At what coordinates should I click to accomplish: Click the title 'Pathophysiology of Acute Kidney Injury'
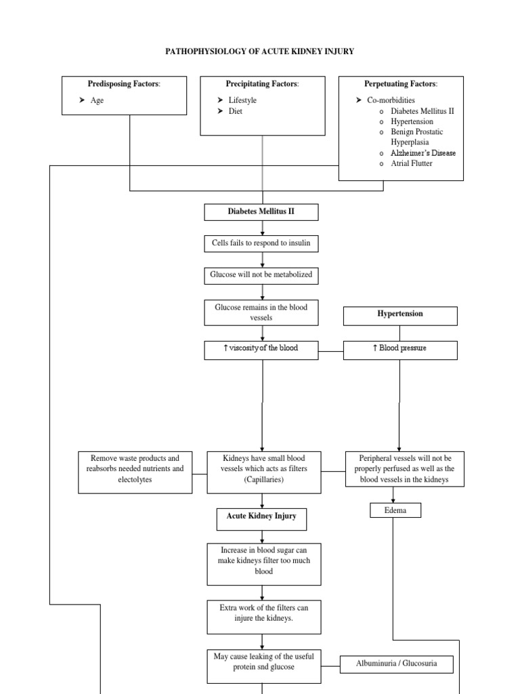261,52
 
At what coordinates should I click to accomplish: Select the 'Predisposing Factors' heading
124,84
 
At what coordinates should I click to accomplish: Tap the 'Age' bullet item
97,100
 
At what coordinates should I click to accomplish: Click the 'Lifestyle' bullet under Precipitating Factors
242,100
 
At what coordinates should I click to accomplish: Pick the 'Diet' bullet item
235,111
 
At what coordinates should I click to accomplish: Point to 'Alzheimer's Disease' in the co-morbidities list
422,152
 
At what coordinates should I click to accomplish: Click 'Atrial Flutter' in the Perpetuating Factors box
411,163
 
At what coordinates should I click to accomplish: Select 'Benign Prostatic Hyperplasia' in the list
416,137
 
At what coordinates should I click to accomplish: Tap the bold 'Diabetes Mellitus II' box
261,212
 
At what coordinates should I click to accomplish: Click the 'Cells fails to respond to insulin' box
261,243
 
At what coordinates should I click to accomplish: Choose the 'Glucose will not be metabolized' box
261,275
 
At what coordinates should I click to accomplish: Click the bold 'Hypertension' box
400,315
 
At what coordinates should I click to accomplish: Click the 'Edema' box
395,510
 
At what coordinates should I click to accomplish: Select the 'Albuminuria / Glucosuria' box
396,664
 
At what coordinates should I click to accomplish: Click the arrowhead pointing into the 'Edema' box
394,500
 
